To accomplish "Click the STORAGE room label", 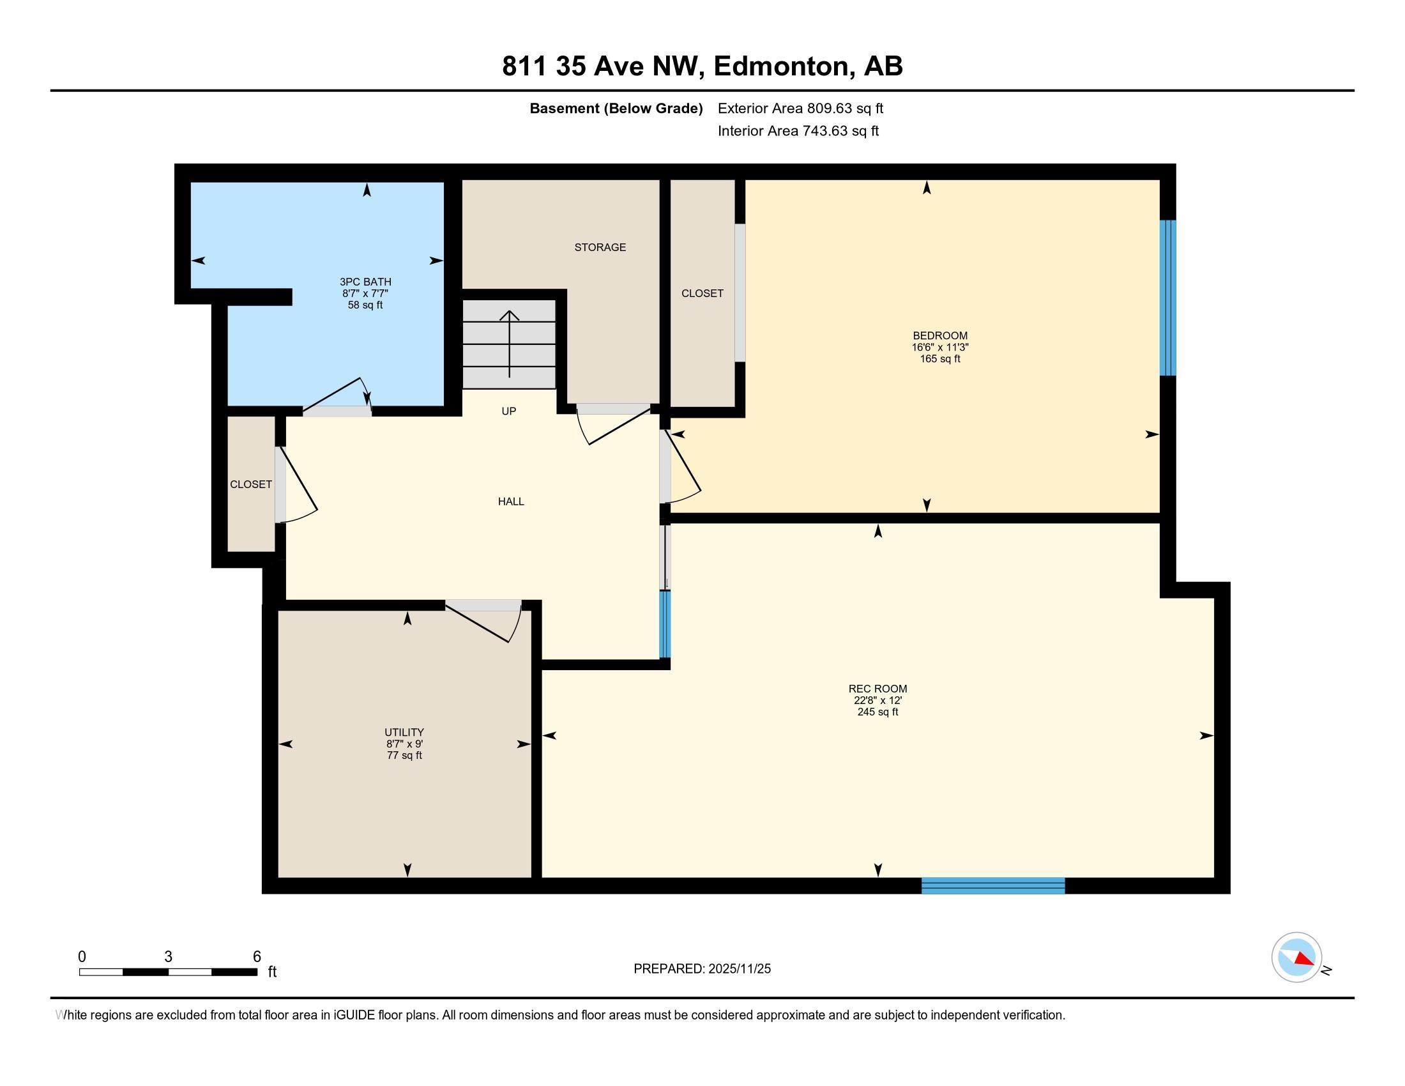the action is click(x=600, y=247).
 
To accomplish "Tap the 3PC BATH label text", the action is click(x=365, y=282).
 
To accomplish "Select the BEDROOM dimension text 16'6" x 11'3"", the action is click(x=940, y=348).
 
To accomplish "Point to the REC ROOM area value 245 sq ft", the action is click(x=877, y=712).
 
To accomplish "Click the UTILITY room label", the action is click(x=404, y=732).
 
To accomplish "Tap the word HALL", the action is click(x=511, y=501).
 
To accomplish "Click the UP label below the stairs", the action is click(x=509, y=411).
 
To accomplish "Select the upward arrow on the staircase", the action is click(x=510, y=344).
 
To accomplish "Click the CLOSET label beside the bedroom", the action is click(x=702, y=293).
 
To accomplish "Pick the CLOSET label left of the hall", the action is click(x=251, y=484).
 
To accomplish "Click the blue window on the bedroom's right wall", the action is click(x=1167, y=298).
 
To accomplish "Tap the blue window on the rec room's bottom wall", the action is click(x=993, y=885).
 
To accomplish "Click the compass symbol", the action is click(x=1296, y=958).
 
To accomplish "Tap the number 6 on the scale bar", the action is click(x=257, y=957).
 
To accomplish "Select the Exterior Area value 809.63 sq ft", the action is click(x=846, y=109).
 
